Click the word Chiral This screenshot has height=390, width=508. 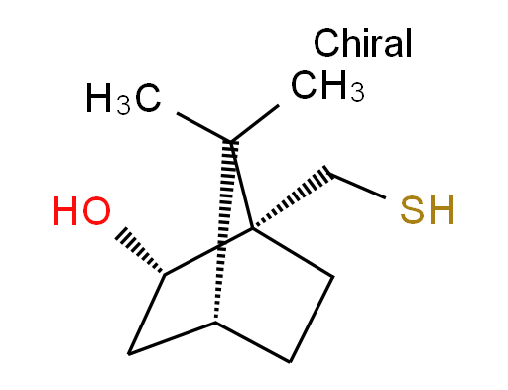pos(362,43)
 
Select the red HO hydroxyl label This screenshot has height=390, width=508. pos(81,211)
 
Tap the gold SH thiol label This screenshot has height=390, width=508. pos(428,210)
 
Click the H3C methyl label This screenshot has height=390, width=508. pos(123,98)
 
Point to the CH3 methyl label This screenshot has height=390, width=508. pos(327,85)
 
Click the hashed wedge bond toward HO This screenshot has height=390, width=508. pos(140,251)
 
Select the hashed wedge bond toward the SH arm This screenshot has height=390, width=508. pos(292,197)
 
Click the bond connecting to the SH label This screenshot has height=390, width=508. pos(358,186)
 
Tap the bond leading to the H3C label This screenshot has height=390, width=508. pos(203,127)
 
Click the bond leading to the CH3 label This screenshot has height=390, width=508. pos(255,123)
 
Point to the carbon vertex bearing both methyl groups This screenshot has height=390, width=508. pos(230,142)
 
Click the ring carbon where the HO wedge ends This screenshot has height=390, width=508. pos(165,274)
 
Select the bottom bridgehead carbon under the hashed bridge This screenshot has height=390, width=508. pos(215,322)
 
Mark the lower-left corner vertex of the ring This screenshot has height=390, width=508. pos(129,354)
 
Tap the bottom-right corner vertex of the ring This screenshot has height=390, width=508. pos(290,362)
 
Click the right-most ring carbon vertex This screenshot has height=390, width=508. pos(332,277)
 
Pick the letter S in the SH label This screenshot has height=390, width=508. pos(413,210)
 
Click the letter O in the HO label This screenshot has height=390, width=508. pos(96,211)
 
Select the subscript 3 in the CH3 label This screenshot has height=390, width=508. pos(357,91)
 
